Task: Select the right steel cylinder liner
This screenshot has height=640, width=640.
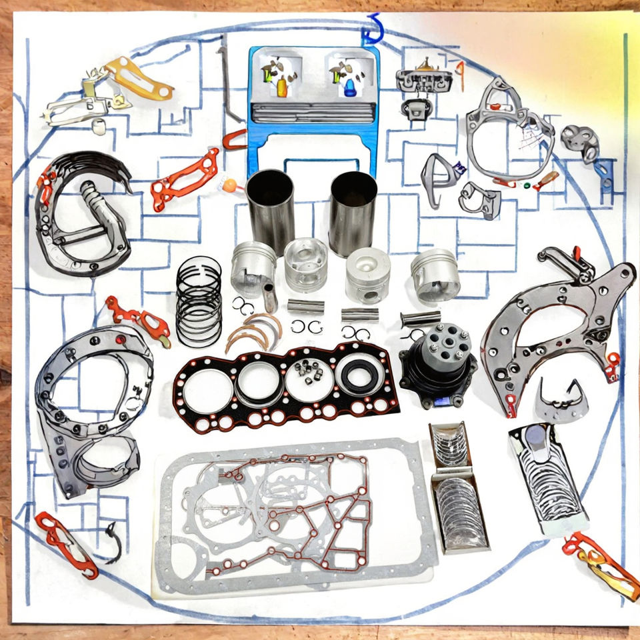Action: coord(353,212)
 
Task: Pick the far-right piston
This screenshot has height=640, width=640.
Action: coord(435,275)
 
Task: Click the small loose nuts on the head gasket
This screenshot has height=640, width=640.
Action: coord(309,373)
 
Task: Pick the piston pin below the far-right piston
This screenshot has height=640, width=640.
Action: coord(421,318)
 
